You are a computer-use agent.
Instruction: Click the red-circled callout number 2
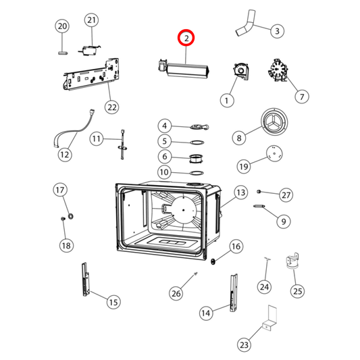185,40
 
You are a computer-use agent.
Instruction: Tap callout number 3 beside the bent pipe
276,30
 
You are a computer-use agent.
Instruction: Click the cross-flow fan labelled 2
183,68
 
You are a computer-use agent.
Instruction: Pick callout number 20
62,26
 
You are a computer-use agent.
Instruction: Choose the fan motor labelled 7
279,71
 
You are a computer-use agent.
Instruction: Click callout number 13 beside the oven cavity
240,193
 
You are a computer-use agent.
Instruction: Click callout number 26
176,292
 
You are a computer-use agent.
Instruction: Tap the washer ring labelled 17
72,216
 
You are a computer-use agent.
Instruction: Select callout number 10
165,172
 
